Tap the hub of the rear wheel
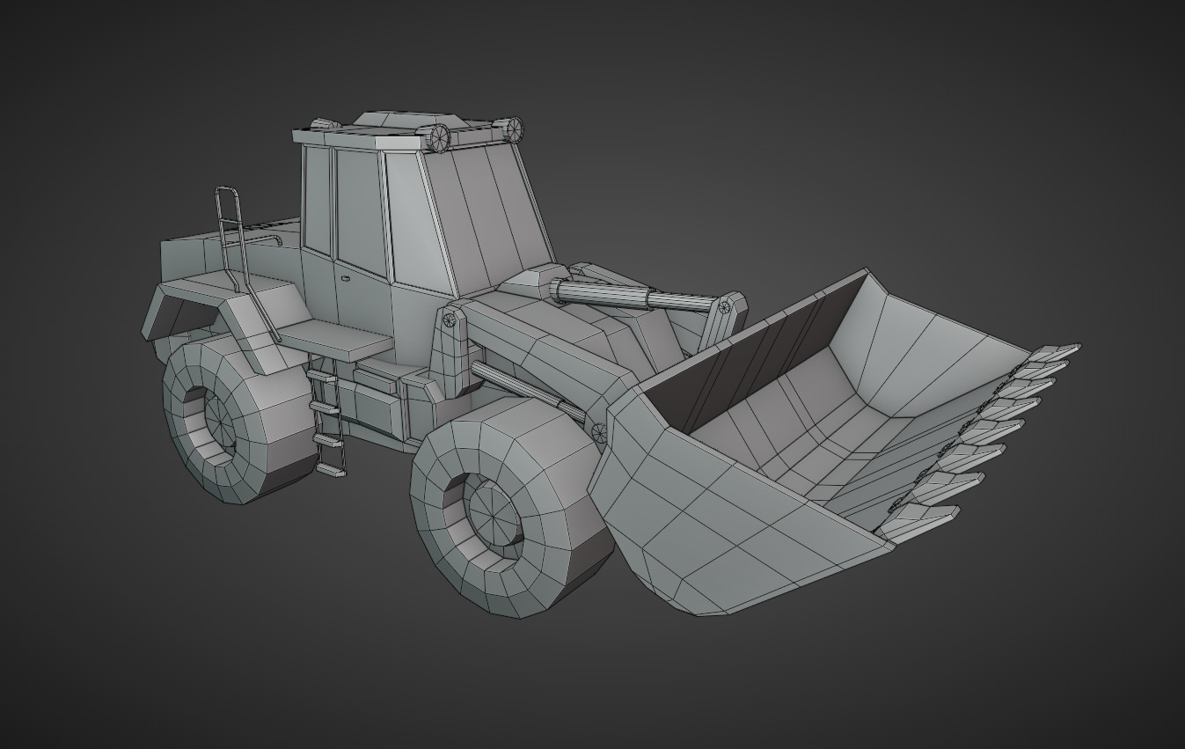[217, 420]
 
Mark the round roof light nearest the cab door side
[438, 137]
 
